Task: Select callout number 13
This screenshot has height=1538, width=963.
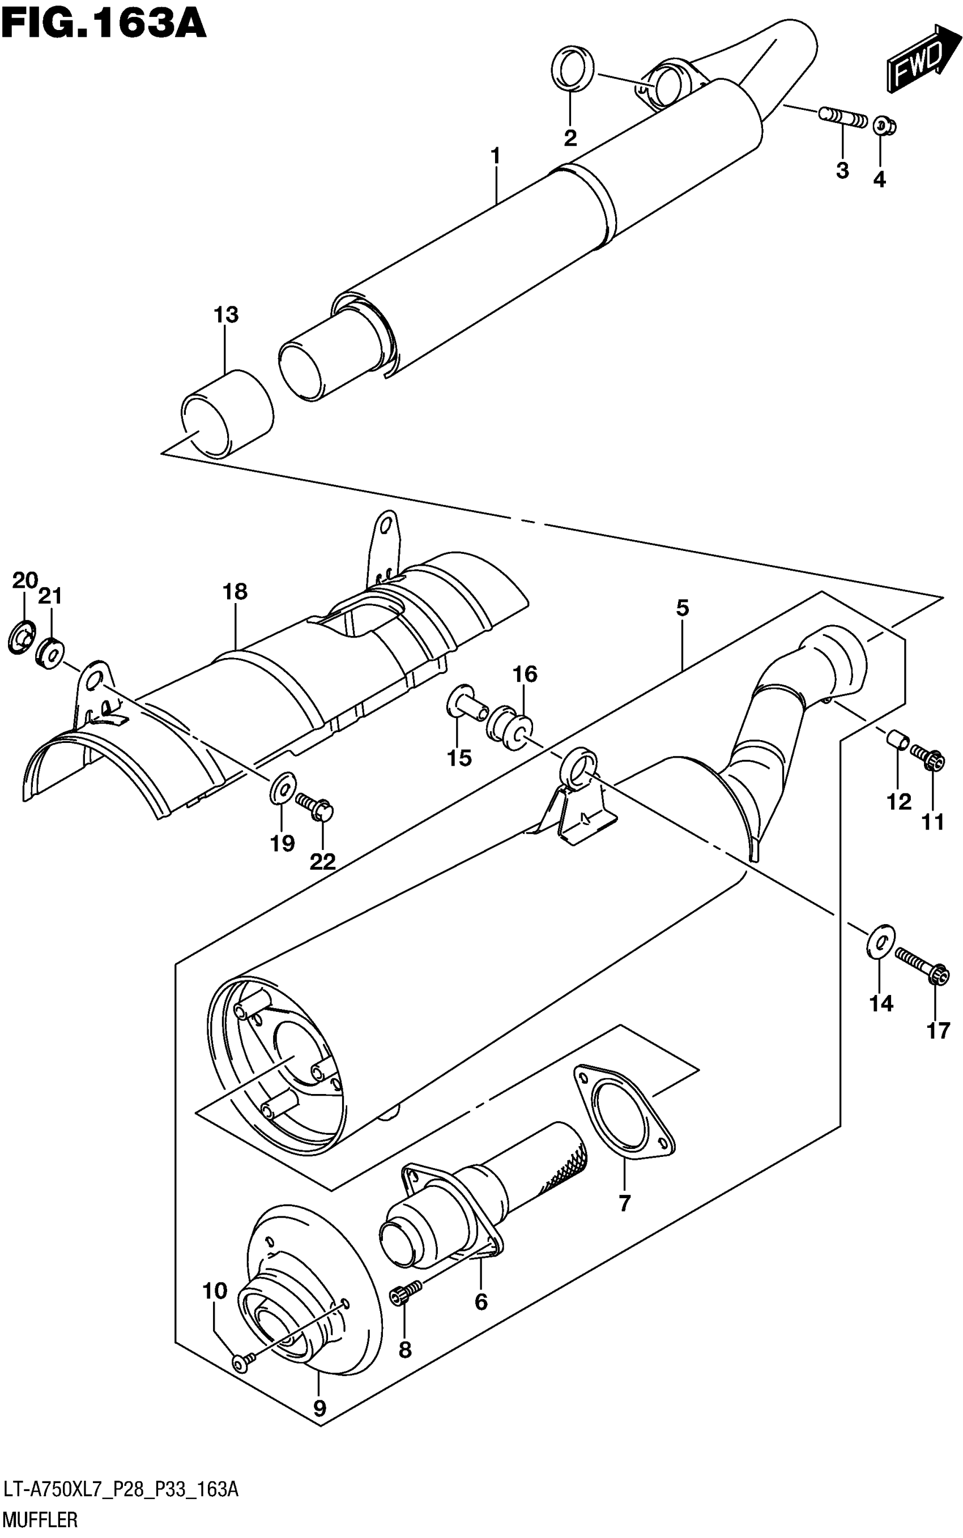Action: [x=226, y=314]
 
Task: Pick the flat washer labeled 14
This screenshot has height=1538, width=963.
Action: [x=880, y=939]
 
